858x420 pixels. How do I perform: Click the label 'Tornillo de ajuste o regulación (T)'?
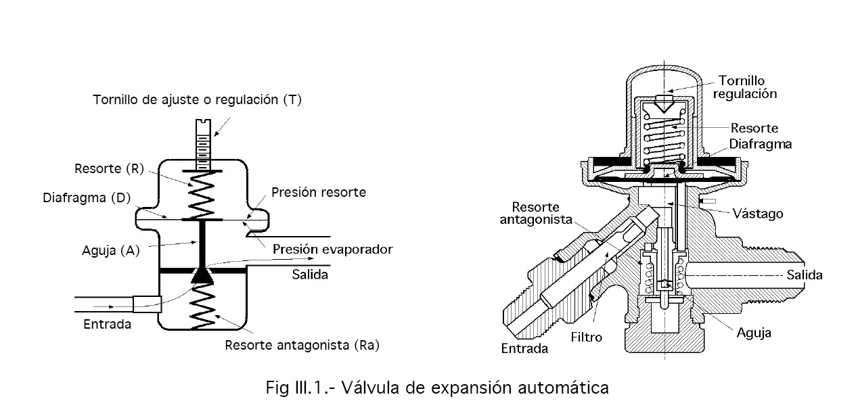[197, 100]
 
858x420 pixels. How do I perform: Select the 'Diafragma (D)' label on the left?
[86, 198]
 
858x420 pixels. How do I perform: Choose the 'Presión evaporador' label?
[332, 250]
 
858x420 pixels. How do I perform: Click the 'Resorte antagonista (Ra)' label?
[302, 346]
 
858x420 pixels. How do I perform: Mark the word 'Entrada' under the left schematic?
[106, 324]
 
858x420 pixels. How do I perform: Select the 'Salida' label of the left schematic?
[310, 275]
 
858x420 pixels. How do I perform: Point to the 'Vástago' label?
[758, 214]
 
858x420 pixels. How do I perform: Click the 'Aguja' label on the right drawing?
[754, 333]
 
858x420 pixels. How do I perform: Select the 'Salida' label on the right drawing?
[805, 275]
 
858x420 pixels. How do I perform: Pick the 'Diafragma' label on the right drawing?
[761, 144]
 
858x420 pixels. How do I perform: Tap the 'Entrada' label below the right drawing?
[524, 349]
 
